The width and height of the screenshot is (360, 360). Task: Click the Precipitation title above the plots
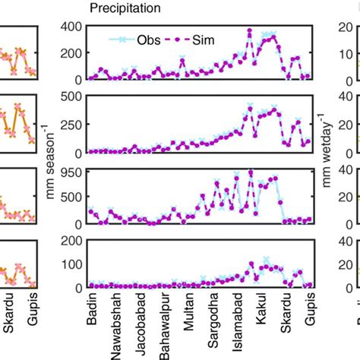pyautogui.click(x=125, y=8)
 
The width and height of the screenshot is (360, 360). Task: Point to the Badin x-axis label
pyautogui.click(x=92, y=308)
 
